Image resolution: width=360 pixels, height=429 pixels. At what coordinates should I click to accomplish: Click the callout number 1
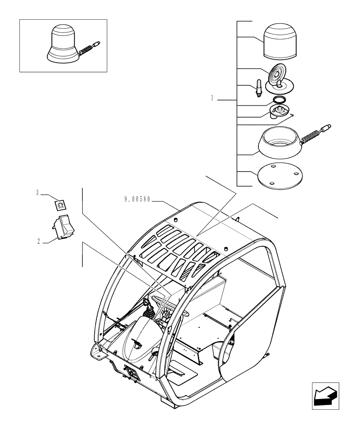pos(212,99)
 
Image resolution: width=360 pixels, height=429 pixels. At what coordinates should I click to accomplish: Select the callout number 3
pos(38,193)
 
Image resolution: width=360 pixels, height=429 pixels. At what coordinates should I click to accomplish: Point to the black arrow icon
pos(325,394)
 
